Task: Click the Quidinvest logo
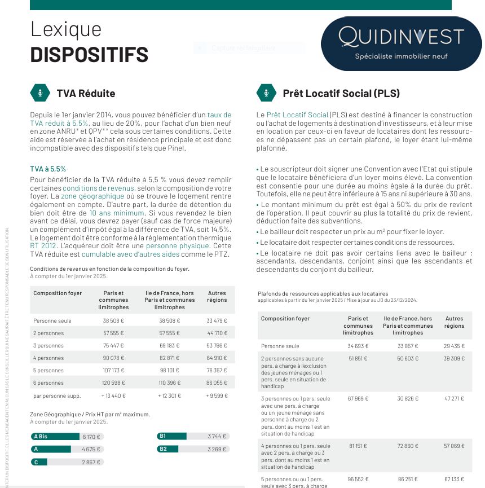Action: pos(401,43)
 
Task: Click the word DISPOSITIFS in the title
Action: pos(89,55)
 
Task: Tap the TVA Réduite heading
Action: pos(86,93)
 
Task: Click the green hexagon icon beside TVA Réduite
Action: pos(40,93)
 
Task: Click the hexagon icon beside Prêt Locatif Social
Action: pos(266,93)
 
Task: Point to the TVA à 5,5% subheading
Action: pos(48,169)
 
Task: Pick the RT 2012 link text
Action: pos(42,246)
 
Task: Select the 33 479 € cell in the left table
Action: pos(217,321)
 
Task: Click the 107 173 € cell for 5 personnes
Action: pos(113,371)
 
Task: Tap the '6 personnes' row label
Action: pos(48,383)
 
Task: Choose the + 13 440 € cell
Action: pos(113,395)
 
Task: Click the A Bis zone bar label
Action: pos(41,436)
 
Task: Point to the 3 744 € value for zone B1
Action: pos(217,436)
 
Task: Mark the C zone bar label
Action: pos(37,462)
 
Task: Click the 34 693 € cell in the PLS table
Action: pos(358,346)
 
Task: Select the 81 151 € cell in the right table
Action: pos(358,446)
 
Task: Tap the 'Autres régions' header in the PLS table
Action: pos(454,322)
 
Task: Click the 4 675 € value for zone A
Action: pos(91,449)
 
